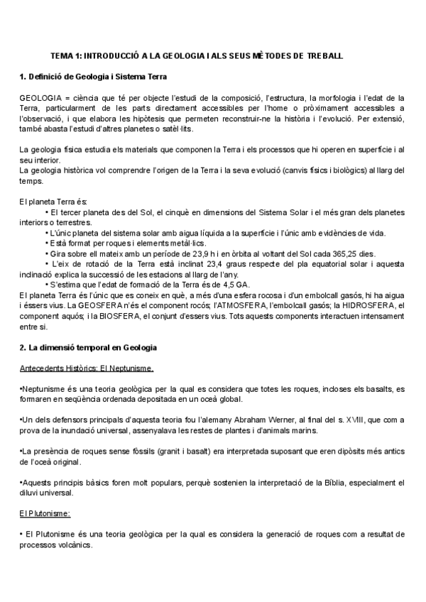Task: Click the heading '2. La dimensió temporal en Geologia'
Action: click(87, 347)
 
